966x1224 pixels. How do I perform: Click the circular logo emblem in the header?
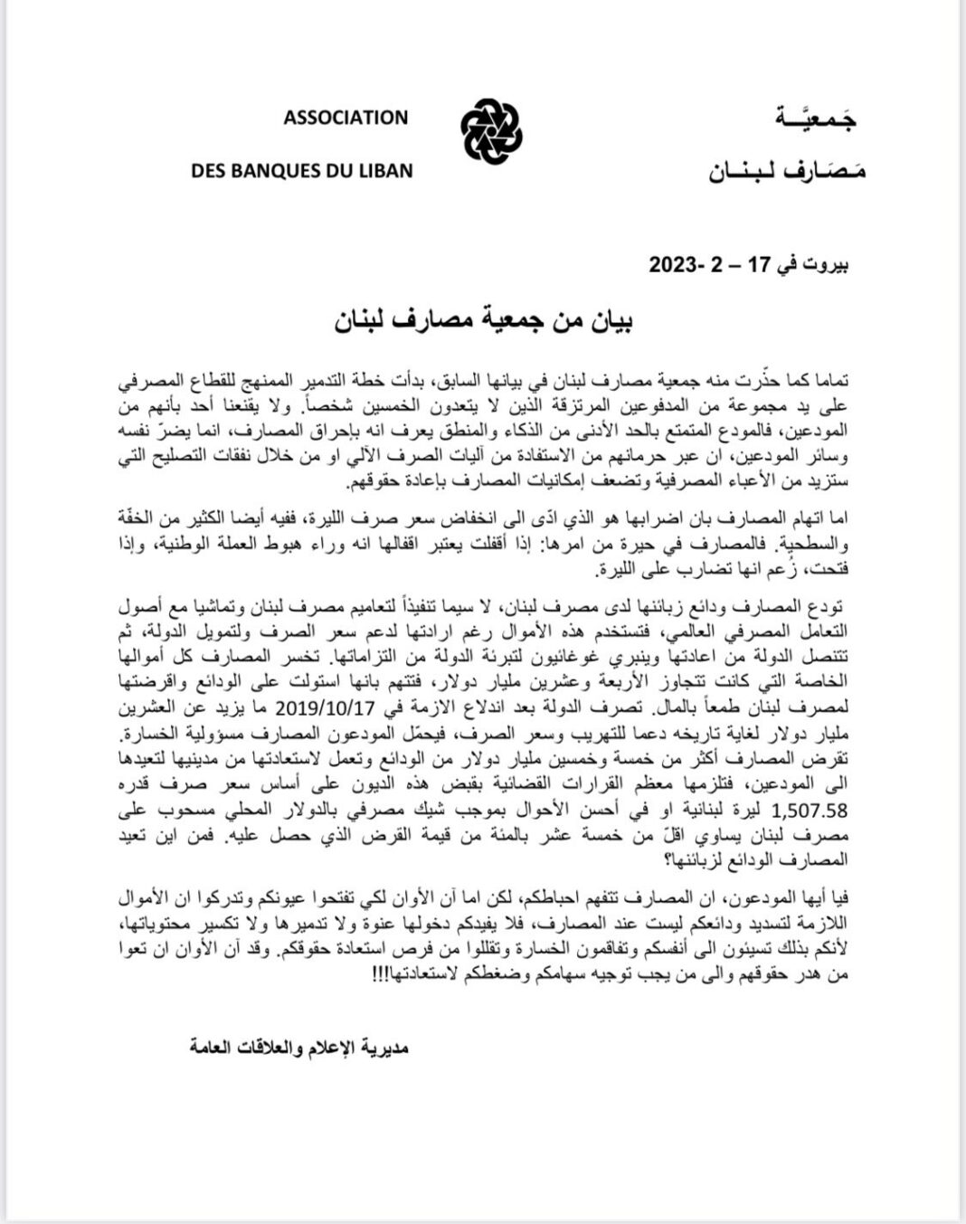click(x=492, y=132)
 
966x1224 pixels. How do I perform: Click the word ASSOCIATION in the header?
click(x=346, y=118)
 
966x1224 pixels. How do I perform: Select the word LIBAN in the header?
click(x=384, y=170)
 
